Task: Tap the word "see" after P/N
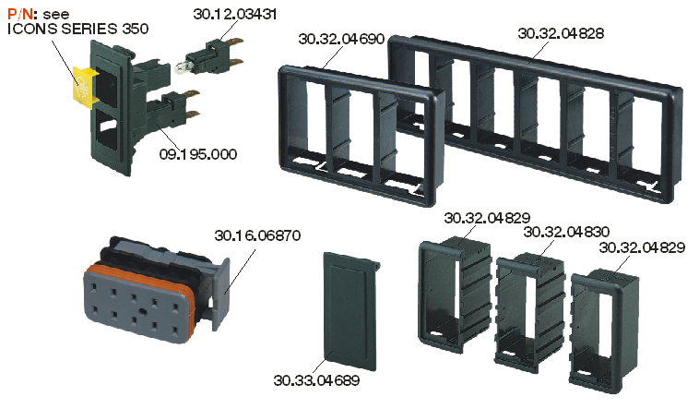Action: (56, 15)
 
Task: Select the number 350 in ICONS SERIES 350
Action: (135, 29)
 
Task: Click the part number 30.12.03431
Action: (235, 14)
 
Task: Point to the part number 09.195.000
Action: (198, 154)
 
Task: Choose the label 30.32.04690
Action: (341, 40)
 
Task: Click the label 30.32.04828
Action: (561, 33)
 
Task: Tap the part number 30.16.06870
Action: (257, 235)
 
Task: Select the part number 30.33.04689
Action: (316, 380)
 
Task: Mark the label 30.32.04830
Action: (566, 232)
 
